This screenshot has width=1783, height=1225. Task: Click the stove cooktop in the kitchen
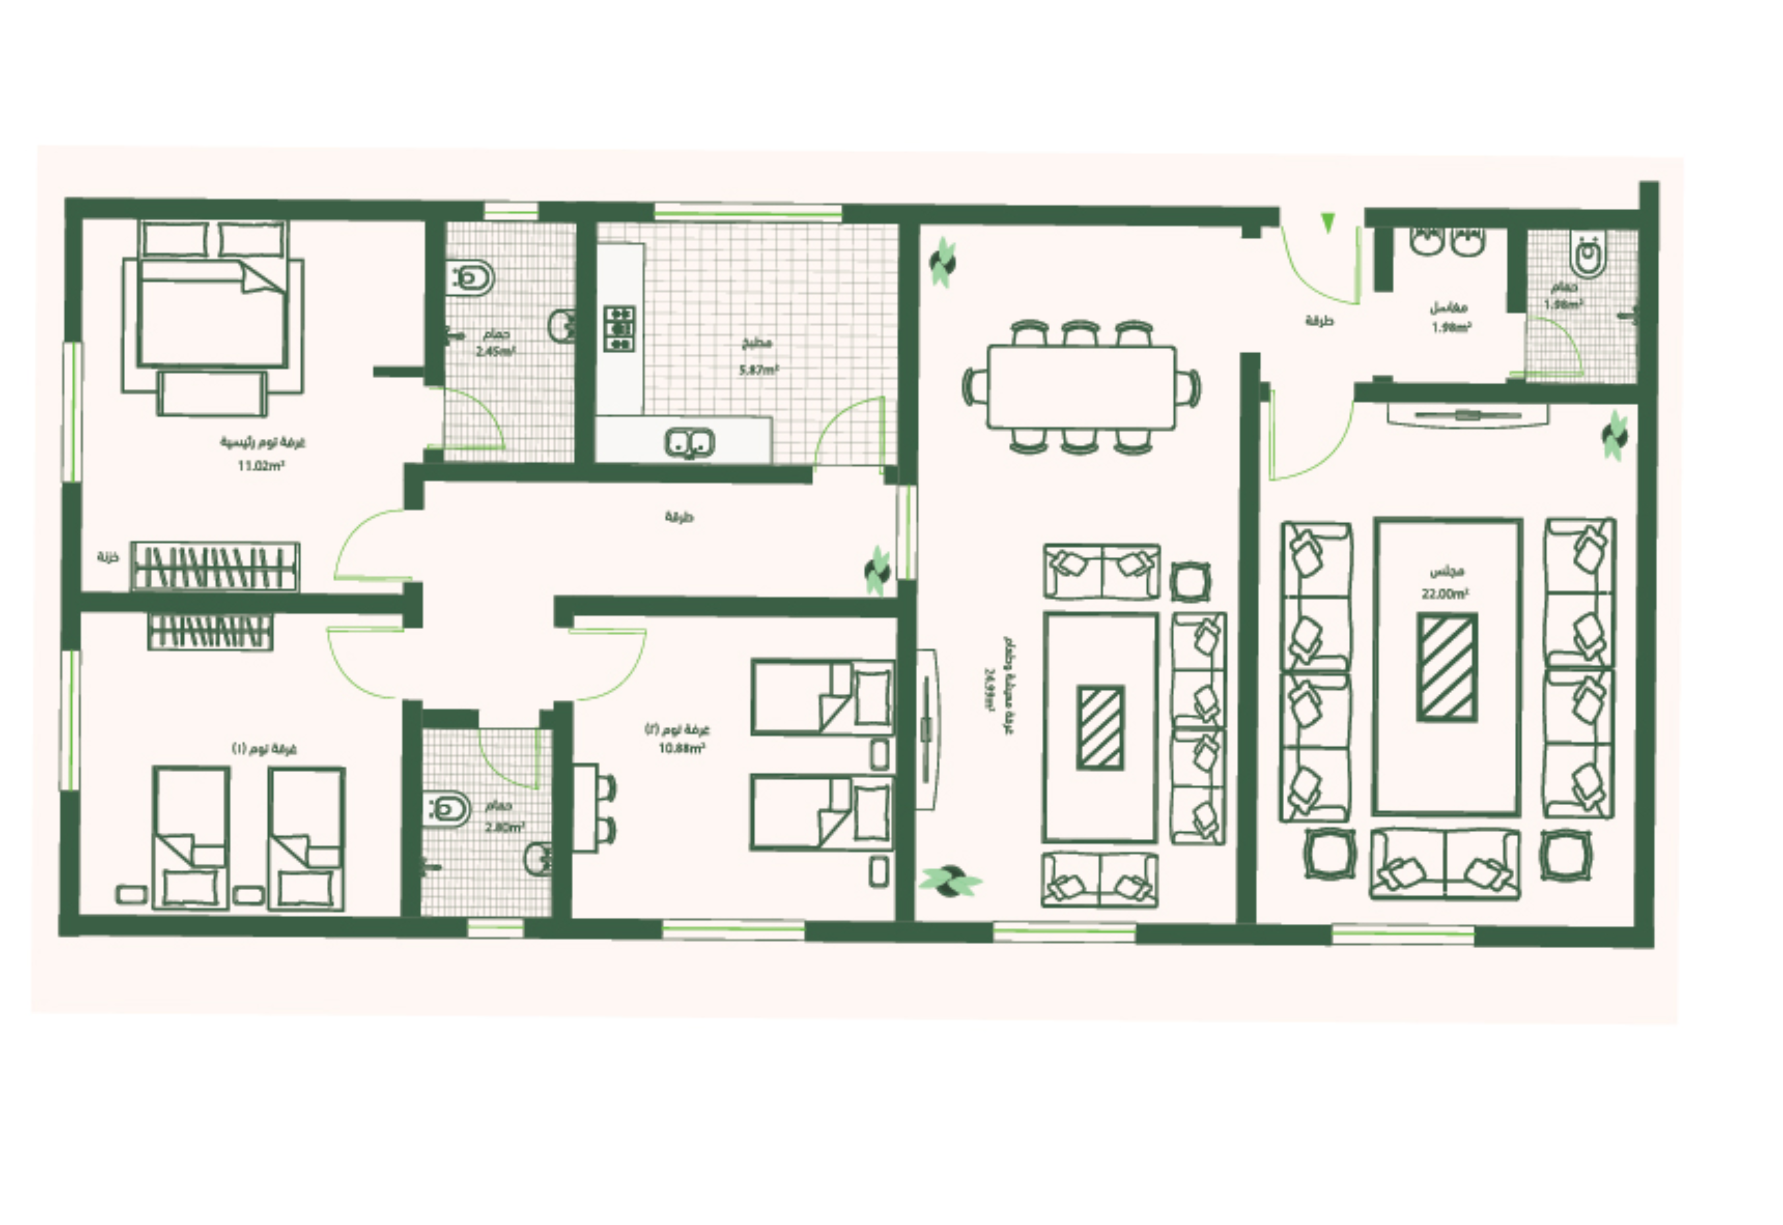[619, 329]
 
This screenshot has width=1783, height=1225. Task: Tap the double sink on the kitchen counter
[689, 443]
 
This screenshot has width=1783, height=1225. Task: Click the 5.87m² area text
[758, 370]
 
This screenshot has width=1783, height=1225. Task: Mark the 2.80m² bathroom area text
[504, 827]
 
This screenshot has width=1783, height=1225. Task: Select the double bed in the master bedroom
[213, 315]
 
